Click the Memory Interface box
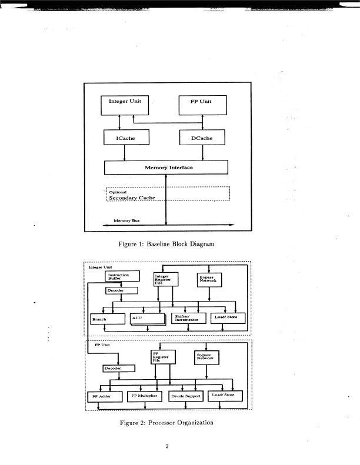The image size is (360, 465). point(166,167)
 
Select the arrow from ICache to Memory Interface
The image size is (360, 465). point(125,152)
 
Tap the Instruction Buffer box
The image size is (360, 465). point(122,276)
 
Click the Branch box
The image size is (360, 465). point(108,319)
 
